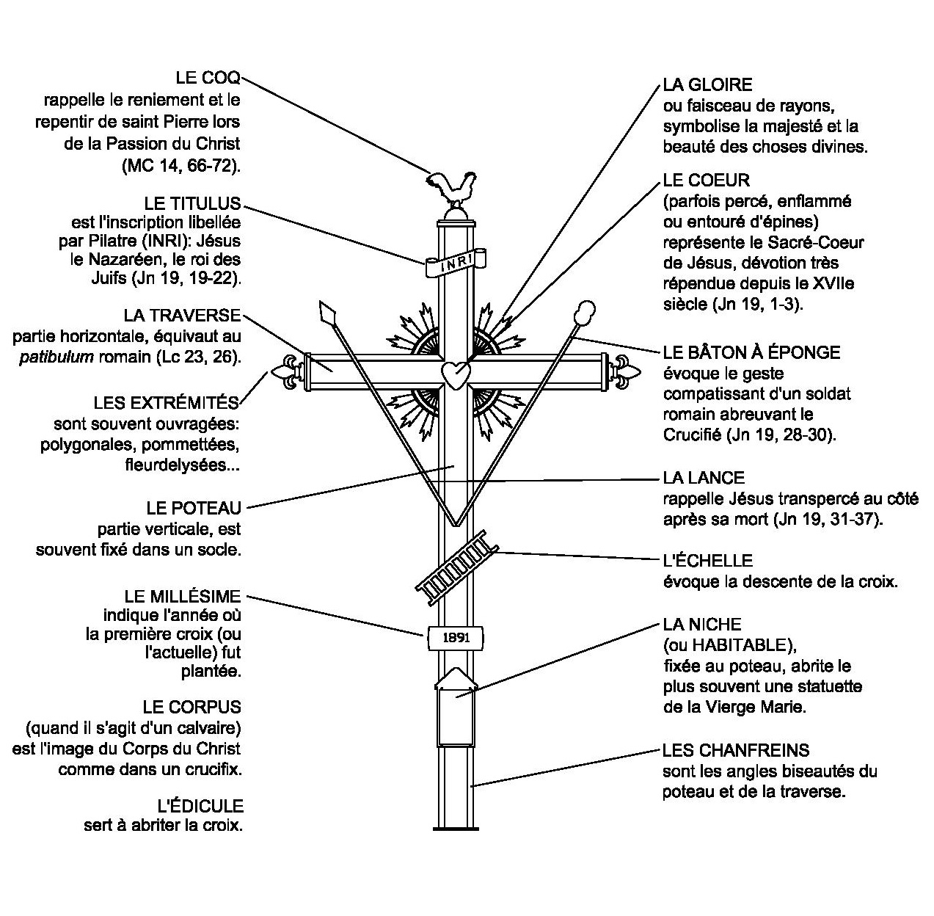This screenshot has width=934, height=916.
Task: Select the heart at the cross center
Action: (x=456, y=374)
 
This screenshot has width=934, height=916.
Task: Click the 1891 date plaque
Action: (x=456, y=638)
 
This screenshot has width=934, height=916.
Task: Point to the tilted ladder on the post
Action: (x=456, y=561)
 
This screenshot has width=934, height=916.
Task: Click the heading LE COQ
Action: (x=208, y=78)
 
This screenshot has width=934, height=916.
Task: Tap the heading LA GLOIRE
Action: (x=707, y=84)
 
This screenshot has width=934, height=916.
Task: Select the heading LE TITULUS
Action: (x=192, y=203)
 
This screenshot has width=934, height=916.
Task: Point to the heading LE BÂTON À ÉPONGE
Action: (x=751, y=352)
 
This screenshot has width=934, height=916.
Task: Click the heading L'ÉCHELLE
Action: (x=707, y=561)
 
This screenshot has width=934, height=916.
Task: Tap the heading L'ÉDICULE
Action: (x=200, y=806)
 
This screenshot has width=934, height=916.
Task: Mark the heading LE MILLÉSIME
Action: (x=183, y=595)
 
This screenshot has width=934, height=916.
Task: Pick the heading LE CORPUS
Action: (x=192, y=708)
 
